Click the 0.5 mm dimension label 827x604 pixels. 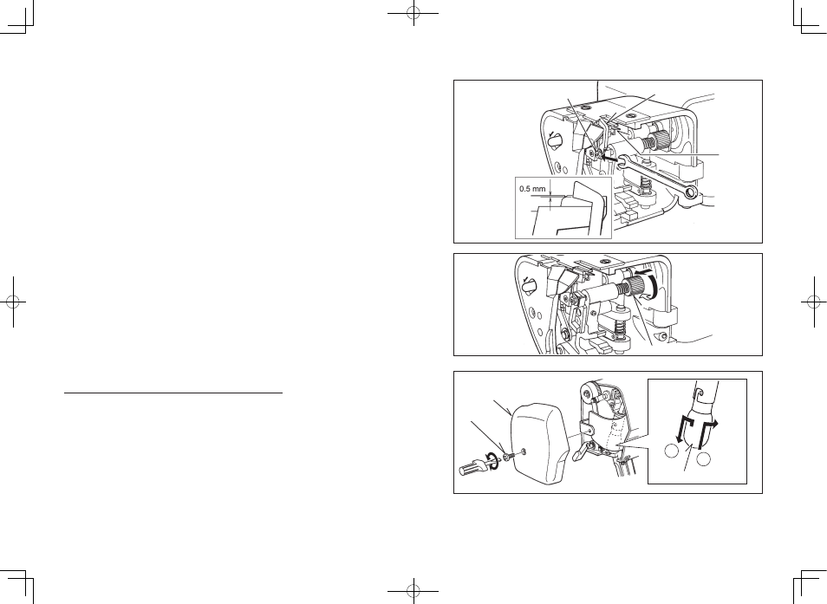point(532,189)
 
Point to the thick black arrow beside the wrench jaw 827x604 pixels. point(609,157)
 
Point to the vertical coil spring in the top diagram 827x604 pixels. point(643,185)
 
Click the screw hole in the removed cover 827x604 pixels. point(523,450)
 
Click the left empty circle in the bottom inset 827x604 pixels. point(670,451)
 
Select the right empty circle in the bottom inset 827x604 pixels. point(704,459)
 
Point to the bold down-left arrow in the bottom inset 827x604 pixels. point(682,430)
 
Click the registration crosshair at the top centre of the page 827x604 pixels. point(413,13)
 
